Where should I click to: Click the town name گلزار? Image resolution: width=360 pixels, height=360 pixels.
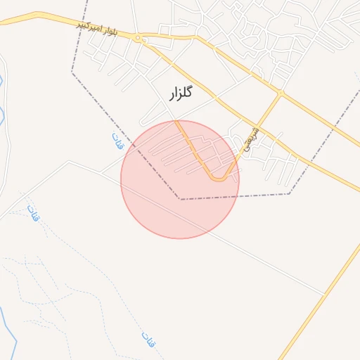click(181, 92)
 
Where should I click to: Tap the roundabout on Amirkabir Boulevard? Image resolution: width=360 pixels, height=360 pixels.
click(139, 37)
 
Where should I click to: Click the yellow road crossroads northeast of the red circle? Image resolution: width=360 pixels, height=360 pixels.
click(281, 93)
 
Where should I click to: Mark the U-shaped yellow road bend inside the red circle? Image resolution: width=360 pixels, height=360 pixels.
click(219, 179)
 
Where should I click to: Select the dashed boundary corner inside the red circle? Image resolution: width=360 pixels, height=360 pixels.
click(180, 199)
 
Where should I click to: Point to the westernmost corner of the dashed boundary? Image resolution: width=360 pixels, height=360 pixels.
click(72, 72)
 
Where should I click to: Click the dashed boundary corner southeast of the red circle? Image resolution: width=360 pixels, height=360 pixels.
click(289, 194)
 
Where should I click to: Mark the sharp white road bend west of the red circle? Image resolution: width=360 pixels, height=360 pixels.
click(68, 162)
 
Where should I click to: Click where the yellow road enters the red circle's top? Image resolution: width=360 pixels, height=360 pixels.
click(177, 122)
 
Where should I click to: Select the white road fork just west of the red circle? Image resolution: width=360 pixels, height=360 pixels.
click(103, 172)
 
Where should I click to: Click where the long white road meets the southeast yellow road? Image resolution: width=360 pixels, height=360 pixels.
click(325, 294)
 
